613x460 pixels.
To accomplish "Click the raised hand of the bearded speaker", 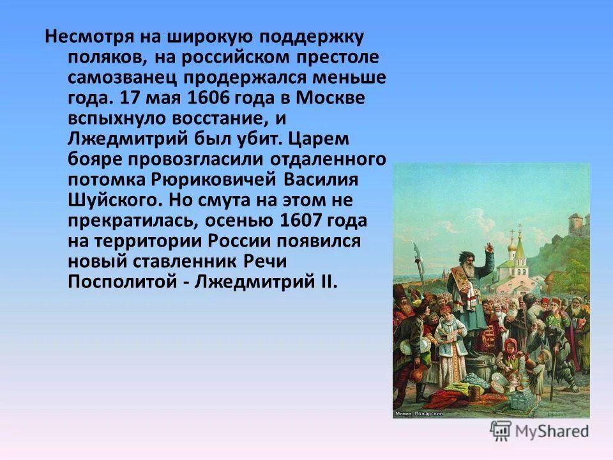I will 487,247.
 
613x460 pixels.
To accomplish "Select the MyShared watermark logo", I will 540,431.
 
